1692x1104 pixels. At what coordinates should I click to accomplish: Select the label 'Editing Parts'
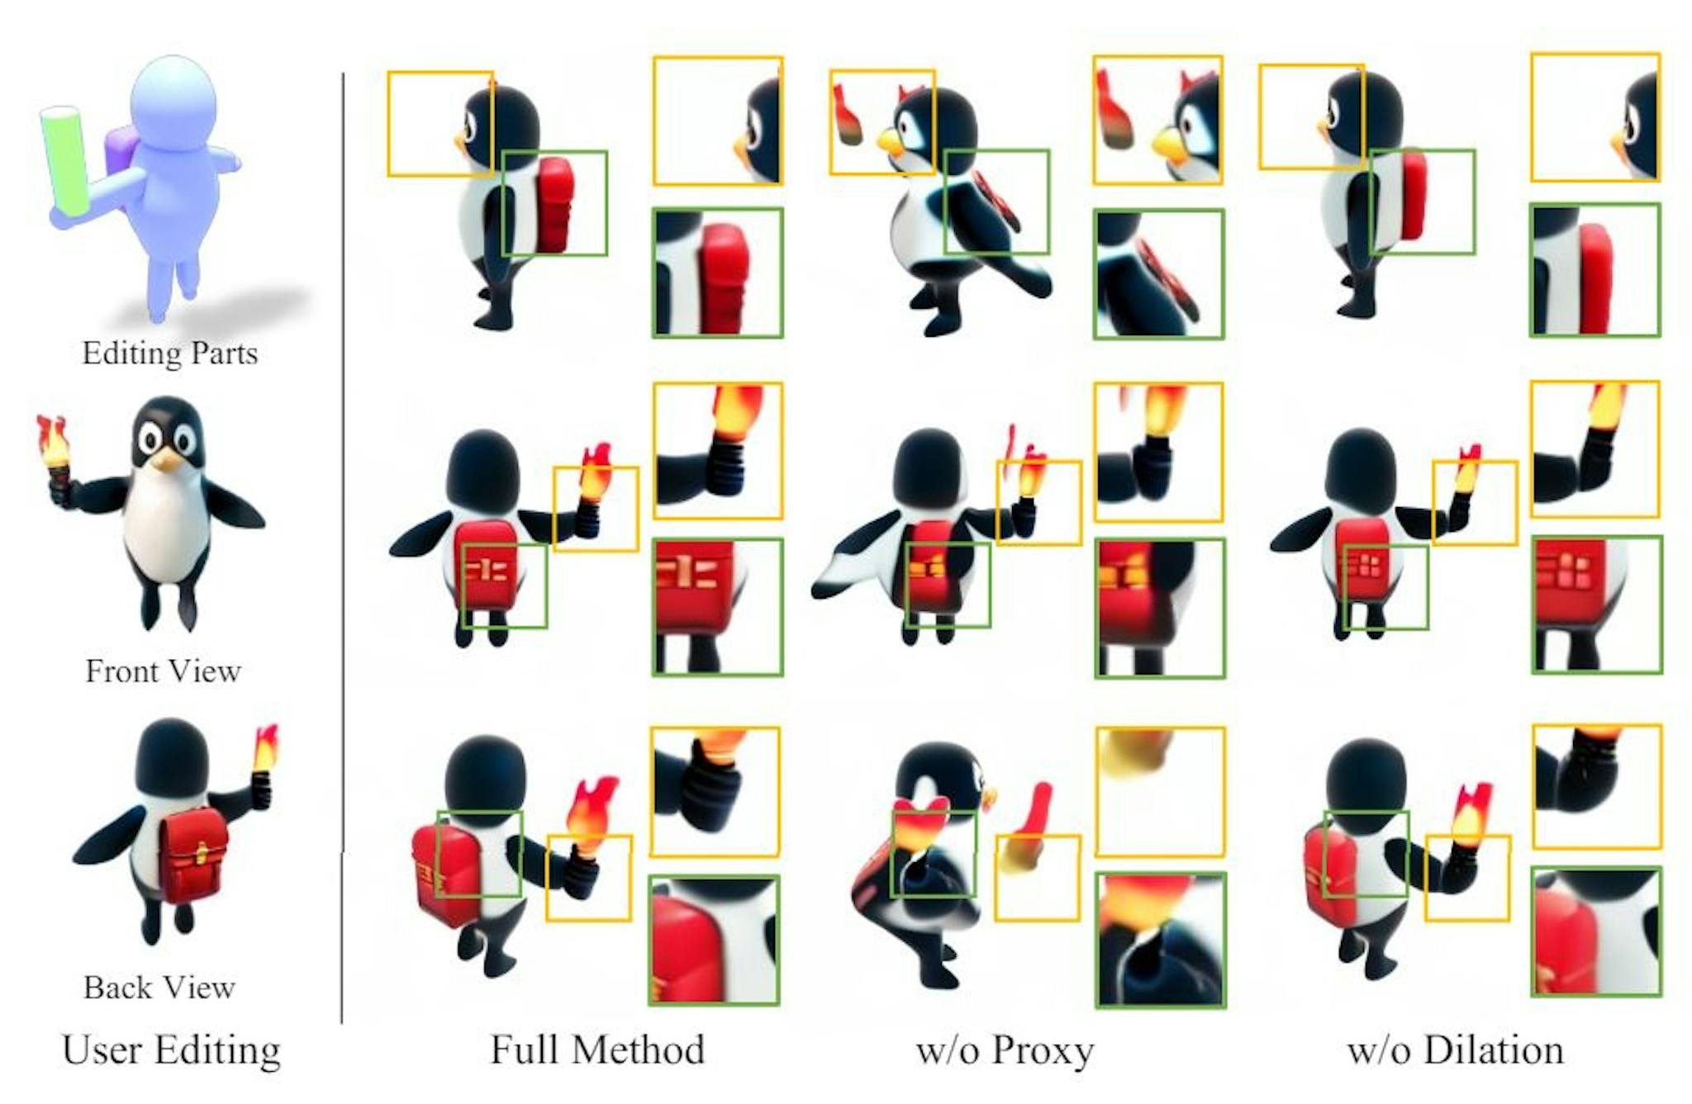[169, 353]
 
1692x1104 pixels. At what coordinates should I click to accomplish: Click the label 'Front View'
[163, 670]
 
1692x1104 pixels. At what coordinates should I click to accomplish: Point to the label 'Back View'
[159, 988]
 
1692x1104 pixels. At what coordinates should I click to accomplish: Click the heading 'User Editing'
[171, 1050]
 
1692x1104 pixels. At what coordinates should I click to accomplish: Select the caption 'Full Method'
[597, 1050]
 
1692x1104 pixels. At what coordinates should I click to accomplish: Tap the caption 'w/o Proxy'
[1005, 1050]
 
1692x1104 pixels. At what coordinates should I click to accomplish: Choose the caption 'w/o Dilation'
[1455, 1050]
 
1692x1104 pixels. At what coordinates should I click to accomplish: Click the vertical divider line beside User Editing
[342, 545]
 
